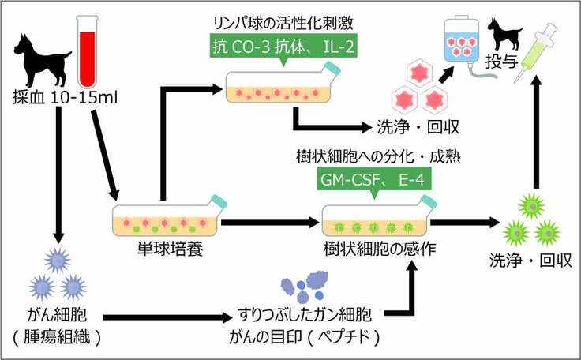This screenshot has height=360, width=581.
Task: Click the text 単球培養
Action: pos(165,251)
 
